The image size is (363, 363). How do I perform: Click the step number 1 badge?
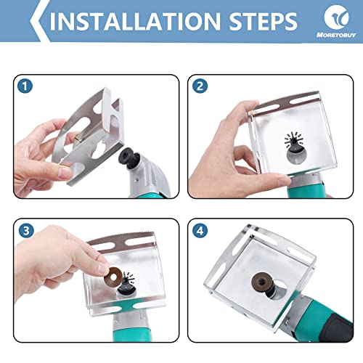(26, 86)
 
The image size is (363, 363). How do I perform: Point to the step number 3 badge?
(26, 230)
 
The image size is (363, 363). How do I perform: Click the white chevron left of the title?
(37, 20)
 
